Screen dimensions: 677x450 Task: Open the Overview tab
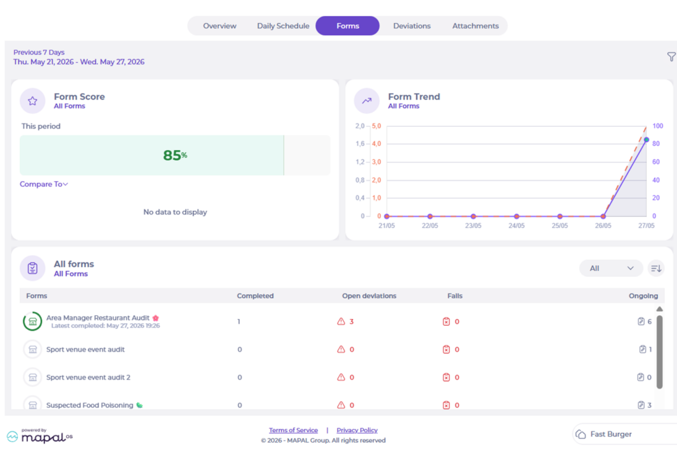tap(219, 26)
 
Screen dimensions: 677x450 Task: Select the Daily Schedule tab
tap(283, 26)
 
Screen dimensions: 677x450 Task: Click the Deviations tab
tap(411, 26)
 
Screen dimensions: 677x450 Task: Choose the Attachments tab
tap(475, 26)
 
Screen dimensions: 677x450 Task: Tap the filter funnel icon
tap(672, 57)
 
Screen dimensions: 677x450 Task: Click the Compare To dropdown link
tap(44, 184)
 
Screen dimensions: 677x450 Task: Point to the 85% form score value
tap(175, 155)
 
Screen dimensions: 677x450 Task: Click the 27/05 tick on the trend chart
tap(646, 225)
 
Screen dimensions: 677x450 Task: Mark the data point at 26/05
tap(603, 216)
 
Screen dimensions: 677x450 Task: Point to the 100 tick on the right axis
tap(658, 126)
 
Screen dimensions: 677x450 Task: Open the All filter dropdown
tap(611, 268)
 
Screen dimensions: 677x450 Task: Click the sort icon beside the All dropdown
tap(656, 268)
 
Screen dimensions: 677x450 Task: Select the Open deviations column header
tap(369, 296)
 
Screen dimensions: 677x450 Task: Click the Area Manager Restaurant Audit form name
tap(98, 318)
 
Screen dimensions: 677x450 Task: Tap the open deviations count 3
tap(352, 321)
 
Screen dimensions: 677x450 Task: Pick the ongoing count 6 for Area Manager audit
tap(649, 321)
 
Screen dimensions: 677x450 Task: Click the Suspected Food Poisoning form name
tap(89, 405)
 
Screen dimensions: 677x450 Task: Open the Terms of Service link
tap(293, 430)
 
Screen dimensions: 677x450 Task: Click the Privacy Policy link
tap(357, 430)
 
